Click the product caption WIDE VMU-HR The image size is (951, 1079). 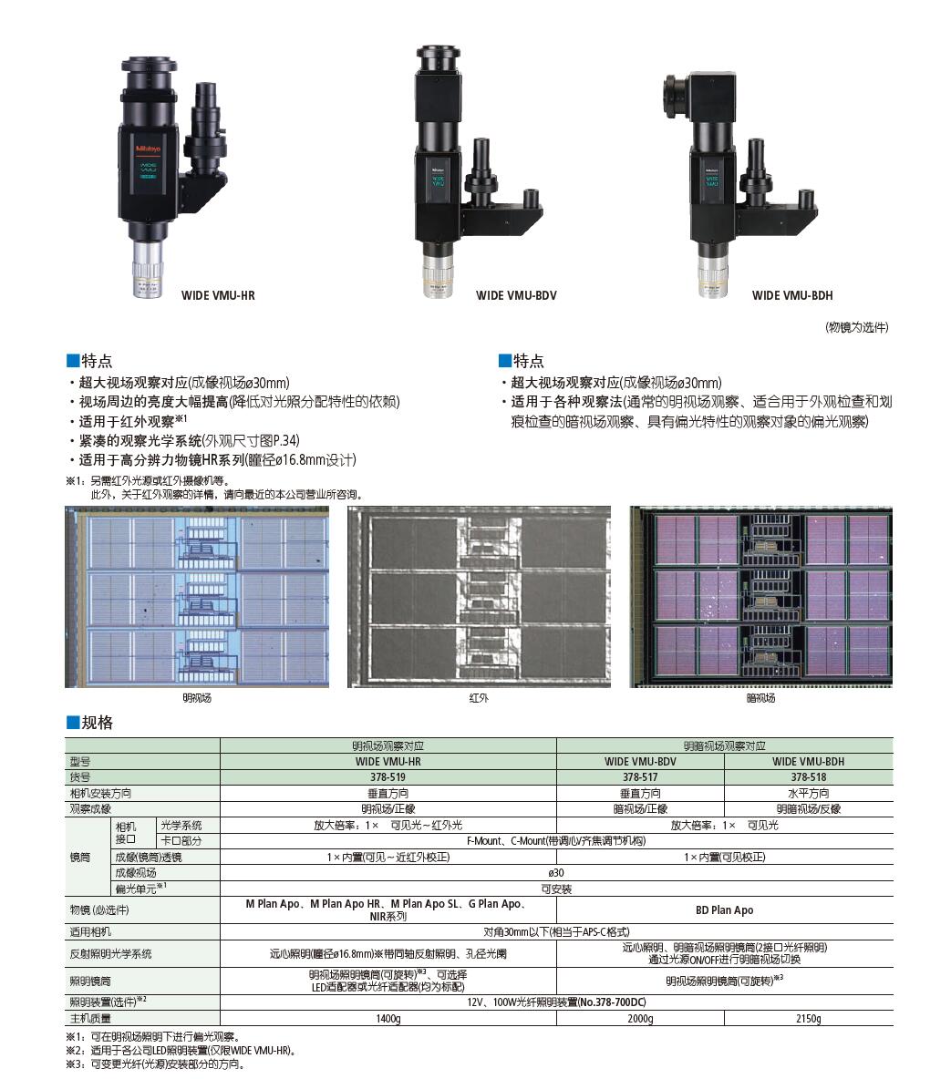coord(218,295)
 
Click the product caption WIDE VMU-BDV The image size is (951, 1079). coord(516,295)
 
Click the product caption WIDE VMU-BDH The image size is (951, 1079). coord(792,295)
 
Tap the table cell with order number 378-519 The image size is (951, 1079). coord(388,777)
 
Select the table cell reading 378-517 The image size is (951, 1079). coord(640,777)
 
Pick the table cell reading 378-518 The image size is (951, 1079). coord(808,777)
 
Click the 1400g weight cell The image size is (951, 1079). coord(388,1018)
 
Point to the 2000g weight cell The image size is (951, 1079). coord(640,1018)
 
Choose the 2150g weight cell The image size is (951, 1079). coord(808,1018)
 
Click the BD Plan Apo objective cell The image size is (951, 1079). coord(725,909)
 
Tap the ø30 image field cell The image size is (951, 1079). coord(556,872)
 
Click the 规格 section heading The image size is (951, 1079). coord(97,723)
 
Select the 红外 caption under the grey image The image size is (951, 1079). coord(479,698)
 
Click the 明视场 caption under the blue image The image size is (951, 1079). coord(197,698)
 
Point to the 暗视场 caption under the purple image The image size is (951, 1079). coord(760,698)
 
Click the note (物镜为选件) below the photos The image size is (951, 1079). coord(856,327)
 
